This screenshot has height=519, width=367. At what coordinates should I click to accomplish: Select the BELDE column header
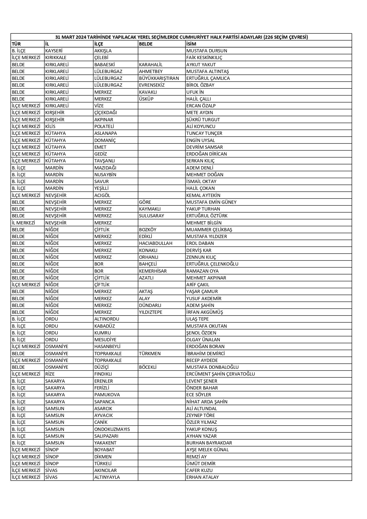(x=145, y=44)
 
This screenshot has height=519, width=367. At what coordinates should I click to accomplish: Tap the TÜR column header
(x=16, y=44)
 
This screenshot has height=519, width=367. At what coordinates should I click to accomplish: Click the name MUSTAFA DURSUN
(x=206, y=51)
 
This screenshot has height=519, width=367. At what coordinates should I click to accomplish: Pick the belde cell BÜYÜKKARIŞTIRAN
(x=159, y=78)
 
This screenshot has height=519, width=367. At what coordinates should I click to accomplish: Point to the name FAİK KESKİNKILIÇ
(x=204, y=58)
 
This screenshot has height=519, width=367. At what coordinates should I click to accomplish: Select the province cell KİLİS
(x=50, y=127)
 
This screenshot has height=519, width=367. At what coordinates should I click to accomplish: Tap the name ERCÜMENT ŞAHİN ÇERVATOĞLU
(x=220, y=374)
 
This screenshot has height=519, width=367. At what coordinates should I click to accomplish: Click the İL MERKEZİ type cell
(x=23, y=223)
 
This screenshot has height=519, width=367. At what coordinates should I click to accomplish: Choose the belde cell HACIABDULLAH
(x=156, y=243)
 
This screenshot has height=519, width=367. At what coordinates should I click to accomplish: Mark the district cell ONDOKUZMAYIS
(x=112, y=429)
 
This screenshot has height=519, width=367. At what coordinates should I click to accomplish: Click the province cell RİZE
(x=50, y=374)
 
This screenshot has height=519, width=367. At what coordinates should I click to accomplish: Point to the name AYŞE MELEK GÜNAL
(x=207, y=450)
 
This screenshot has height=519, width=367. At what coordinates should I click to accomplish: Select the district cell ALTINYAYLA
(x=107, y=477)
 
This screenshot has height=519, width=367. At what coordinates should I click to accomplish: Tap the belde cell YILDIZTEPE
(x=151, y=312)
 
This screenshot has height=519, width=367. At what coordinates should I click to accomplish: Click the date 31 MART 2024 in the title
(x=71, y=37)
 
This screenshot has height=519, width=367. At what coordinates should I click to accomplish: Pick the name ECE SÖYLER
(x=198, y=395)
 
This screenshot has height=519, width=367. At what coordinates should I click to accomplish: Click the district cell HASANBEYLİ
(x=107, y=347)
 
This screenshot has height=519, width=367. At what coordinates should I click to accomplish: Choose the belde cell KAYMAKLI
(x=150, y=209)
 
